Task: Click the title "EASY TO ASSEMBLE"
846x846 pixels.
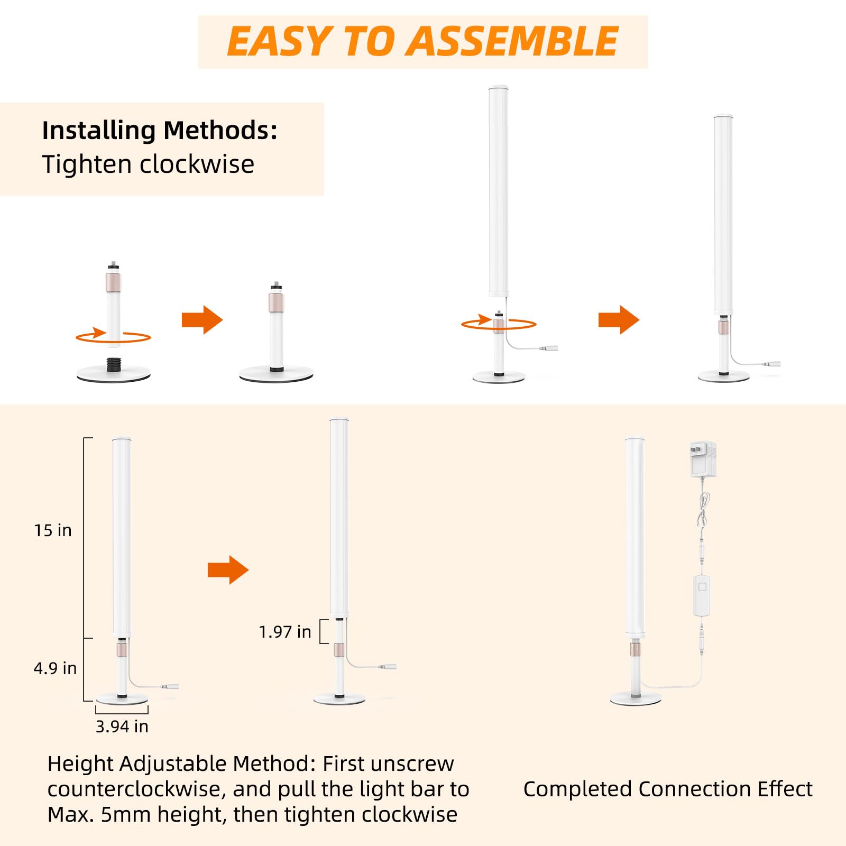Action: pyautogui.click(x=422, y=41)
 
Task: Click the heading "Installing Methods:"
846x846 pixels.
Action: pyautogui.click(x=160, y=130)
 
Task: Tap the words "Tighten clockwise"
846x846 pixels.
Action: pyautogui.click(x=148, y=164)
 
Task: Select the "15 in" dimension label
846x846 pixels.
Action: pyautogui.click(x=53, y=530)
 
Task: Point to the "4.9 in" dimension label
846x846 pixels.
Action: pyautogui.click(x=55, y=668)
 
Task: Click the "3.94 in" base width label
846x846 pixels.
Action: pyautogui.click(x=122, y=727)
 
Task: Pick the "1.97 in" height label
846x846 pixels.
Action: pyautogui.click(x=285, y=632)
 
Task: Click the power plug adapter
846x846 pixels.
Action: pyautogui.click(x=703, y=459)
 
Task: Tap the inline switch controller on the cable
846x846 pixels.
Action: pyautogui.click(x=702, y=595)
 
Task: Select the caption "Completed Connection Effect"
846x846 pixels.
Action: pyautogui.click(x=668, y=789)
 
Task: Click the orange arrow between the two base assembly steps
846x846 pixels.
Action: pyautogui.click(x=202, y=320)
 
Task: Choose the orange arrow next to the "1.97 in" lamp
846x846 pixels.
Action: pyautogui.click(x=228, y=569)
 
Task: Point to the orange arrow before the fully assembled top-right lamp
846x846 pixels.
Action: pyautogui.click(x=619, y=320)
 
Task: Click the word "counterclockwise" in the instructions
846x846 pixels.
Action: pyautogui.click(x=137, y=789)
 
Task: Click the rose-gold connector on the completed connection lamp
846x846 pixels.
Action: pyautogui.click(x=635, y=649)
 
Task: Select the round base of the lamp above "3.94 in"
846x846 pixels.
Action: pyautogui.click(x=122, y=698)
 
